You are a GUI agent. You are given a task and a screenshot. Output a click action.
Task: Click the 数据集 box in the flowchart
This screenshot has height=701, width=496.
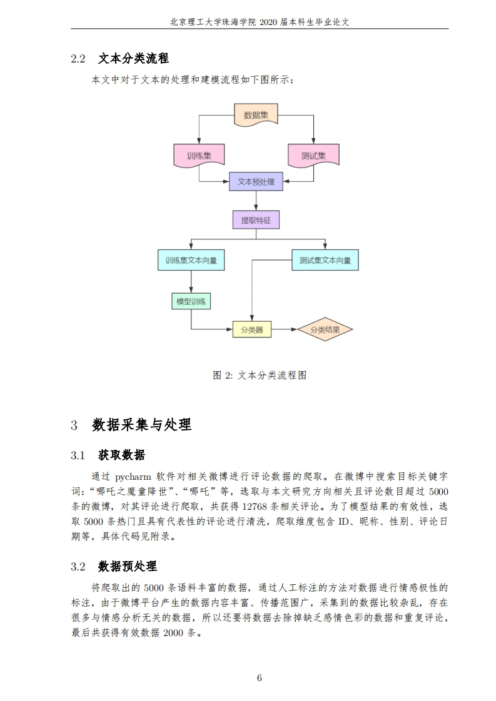(x=256, y=115)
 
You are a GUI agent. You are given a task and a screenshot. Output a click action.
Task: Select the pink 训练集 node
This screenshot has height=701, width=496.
(x=199, y=156)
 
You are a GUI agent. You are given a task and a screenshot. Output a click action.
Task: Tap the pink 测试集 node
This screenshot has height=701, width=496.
(x=313, y=156)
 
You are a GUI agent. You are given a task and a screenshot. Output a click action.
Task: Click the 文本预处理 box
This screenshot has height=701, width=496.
(x=256, y=182)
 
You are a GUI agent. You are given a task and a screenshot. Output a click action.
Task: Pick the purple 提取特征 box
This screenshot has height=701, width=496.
(x=256, y=220)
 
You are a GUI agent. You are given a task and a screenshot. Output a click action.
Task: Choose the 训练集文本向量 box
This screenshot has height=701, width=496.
(x=191, y=260)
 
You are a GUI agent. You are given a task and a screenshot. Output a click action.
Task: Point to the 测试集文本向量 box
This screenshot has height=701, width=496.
(x=325, y=260)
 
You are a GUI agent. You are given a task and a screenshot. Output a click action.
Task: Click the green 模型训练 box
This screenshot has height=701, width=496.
(x=191, y=301)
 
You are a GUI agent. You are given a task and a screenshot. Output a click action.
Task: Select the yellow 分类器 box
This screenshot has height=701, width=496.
(x=252, y=329)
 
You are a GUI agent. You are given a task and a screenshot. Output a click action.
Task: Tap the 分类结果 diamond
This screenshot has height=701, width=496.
(x=325, y=329)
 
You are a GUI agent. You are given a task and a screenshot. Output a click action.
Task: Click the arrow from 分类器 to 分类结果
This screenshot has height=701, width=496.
(x=284, y=329)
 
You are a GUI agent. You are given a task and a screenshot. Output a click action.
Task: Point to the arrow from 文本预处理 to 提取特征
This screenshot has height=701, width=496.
(x=256, y=201)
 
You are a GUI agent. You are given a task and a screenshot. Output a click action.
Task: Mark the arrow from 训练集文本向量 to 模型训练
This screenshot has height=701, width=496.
(x=191, y=282)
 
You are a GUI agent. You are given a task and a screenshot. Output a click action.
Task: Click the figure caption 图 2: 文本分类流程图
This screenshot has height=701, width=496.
(x=260, y=375)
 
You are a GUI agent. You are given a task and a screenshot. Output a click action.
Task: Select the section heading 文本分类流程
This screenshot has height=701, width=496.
(x=133, y=58)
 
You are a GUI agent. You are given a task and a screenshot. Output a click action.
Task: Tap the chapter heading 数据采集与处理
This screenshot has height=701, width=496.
(x=142, y=424)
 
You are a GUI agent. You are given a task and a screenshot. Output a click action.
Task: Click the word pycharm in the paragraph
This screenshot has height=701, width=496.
(x=133, y=477)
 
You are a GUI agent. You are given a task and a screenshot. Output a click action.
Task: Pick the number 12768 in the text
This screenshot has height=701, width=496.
(x=255, y=507)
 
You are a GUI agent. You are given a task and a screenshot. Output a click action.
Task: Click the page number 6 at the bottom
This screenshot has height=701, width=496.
(x=259, y=678)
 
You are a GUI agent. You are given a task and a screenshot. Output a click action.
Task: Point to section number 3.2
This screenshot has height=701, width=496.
(x=78, y=567)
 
